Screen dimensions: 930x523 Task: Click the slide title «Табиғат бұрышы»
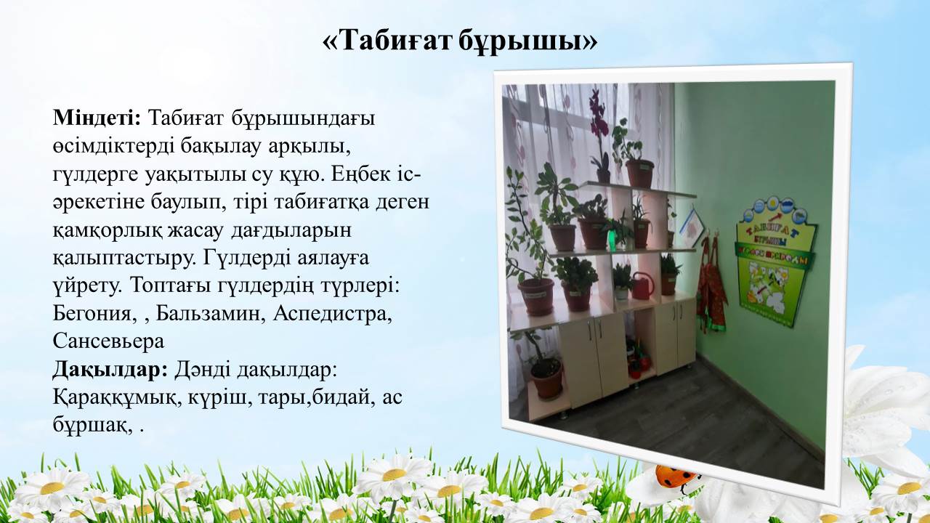click(x=460, y=41)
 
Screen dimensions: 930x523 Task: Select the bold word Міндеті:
click(x=97, y=118)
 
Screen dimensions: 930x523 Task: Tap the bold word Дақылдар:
click(x=110, y=370)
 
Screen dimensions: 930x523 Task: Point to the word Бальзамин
click(x=211, y=314)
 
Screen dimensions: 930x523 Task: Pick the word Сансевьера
click(x=108, y=341)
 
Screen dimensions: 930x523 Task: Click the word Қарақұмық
click(x=118, y=398)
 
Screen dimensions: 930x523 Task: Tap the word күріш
click(x=219, y=398)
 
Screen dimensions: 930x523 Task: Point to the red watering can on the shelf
click(x=642, y=285)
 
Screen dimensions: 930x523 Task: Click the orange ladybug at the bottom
click(x=676, y=476)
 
